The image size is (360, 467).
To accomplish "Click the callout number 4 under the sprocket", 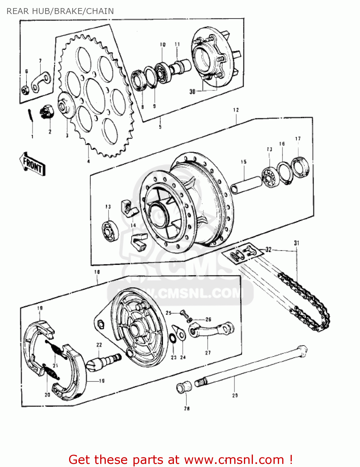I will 88,161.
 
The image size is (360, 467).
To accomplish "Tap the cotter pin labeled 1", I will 30,116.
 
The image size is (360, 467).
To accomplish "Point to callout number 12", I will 236,110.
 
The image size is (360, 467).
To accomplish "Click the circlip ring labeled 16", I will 285,172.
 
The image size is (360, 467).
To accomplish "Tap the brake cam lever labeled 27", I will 212,330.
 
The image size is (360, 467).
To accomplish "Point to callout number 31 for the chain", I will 297,243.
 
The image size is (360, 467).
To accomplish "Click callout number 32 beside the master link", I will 269,249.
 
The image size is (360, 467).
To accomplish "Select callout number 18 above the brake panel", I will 97,272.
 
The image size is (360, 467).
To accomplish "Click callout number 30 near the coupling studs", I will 192,92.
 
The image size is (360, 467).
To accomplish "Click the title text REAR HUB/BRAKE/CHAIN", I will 60,11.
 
